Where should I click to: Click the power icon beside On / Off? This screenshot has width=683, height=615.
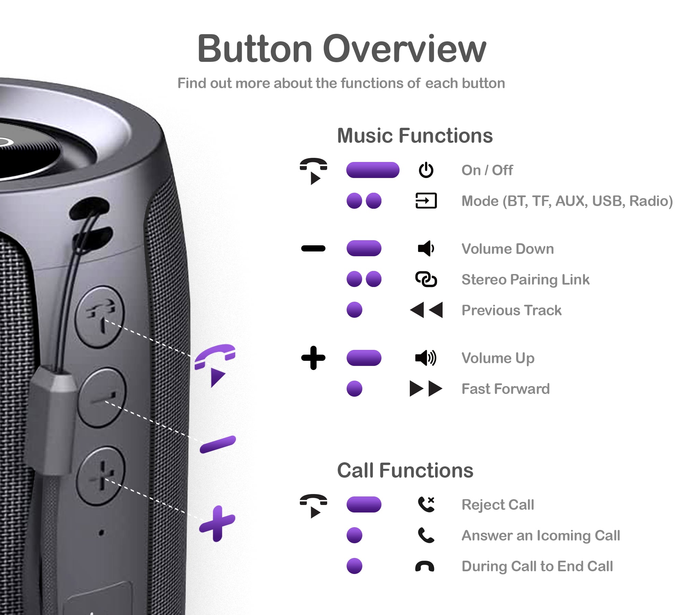(426, 170)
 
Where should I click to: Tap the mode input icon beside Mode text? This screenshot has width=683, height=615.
(426, 201)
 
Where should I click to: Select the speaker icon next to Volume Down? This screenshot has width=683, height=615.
(426, 248)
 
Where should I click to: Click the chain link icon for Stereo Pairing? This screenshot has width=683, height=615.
(426, 279)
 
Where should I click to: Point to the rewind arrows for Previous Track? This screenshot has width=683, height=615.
(426, 310)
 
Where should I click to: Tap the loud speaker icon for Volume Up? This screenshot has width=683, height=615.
(426, 358)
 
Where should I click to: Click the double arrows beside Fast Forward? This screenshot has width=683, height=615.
(426, 388)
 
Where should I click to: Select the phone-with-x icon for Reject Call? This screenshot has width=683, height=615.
(426, 504)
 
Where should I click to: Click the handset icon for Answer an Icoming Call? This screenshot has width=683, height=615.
(426, 535)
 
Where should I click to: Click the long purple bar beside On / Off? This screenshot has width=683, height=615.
(373, 170)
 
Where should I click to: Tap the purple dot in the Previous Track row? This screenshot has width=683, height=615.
(354, 310)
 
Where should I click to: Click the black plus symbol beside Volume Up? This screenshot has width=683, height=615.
(313, 358)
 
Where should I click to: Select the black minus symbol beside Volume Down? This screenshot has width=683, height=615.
(313, 248)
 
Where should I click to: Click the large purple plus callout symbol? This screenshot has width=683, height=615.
(217, 523)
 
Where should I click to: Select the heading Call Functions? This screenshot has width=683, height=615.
(405, 470)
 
